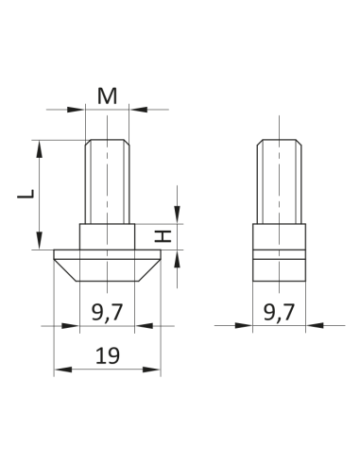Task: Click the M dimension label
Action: tap(107, 95)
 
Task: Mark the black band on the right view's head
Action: tap(281, 254)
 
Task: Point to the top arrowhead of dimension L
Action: tap(40, 146)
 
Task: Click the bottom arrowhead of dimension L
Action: tap(40, 244)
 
